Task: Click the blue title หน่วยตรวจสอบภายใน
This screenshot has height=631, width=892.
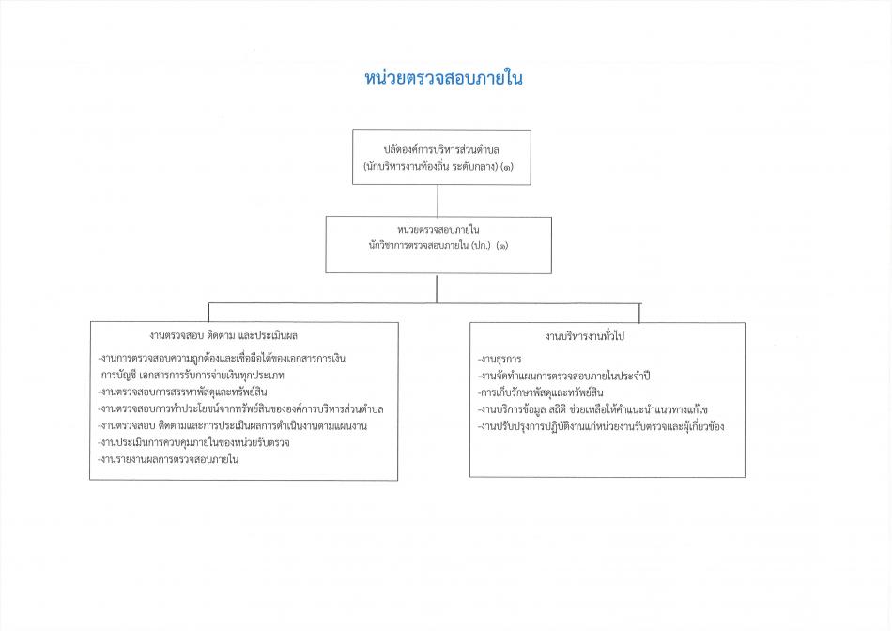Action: click(x=443, y=79)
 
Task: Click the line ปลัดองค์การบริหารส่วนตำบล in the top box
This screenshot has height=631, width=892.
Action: click(x=441, y=150)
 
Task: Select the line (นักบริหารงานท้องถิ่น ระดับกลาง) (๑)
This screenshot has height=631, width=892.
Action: click(x=438, y=167)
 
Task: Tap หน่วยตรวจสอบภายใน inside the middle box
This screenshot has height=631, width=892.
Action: click(x=438, y=230)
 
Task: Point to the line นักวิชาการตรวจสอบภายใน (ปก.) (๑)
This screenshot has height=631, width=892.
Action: click(x=438, y=246)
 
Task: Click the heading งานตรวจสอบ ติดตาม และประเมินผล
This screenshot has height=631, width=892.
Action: click(x=223, y=336)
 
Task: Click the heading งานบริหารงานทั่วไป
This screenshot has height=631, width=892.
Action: click(x=584, y=336)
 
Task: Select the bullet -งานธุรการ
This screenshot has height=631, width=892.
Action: click(x=500, y=359)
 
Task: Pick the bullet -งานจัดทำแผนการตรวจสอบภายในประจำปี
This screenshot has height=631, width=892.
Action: click(x=563, y=377)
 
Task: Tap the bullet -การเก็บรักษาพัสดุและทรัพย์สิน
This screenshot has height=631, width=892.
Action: click(x=541, y=392)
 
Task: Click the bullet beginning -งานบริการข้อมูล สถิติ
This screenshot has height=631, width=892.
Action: click(x=592, y=409)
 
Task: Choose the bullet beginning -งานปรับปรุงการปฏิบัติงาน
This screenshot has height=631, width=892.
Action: click(x=601, y=426)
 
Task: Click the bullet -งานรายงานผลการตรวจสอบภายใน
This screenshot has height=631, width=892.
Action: click(x=168, y=459)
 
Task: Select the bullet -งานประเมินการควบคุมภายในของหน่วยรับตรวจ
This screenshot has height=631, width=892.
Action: click(x=194, y=442)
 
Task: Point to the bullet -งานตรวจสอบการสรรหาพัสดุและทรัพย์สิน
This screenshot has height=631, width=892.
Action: click(x=182, y=392)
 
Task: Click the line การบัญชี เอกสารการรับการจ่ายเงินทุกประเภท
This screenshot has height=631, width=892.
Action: click(x=192, y=376)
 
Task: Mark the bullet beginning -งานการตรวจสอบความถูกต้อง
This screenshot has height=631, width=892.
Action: click(x=222, y=359)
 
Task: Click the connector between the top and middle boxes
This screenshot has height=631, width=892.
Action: click(x=438, y=201)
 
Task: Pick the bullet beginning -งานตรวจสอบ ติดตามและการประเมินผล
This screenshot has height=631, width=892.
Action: click(x=233, y=426)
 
